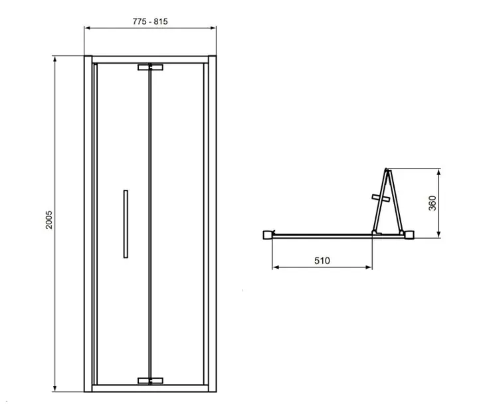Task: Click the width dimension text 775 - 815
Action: (x=149, y=21)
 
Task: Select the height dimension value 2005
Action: (x=48, y=220)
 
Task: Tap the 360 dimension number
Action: (x=432, y=202)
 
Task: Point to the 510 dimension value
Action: (x=322, y=261)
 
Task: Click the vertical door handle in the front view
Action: (x=124, y=224)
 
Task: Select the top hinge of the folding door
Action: (x=150, y=67)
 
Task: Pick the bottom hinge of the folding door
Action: (x=150, y=380)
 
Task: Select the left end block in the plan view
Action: (x=268, y=234)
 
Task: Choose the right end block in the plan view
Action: (x=410, y=234)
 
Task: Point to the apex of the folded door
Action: (x=386, y=169)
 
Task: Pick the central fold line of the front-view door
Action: (x=151, y=224)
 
